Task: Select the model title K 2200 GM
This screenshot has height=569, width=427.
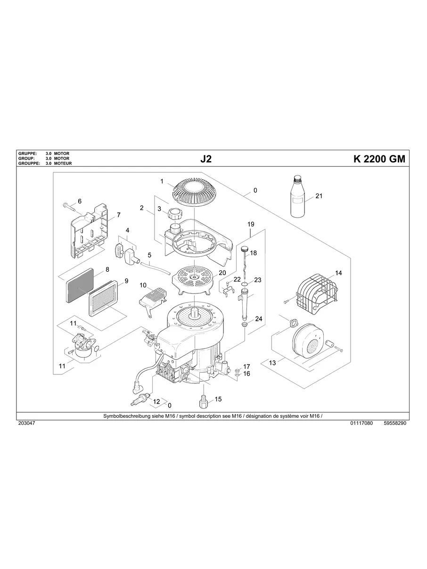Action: pyautogui.click(x=378, y=159)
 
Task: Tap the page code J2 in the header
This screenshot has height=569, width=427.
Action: pyautogui.click(x=206, y=159)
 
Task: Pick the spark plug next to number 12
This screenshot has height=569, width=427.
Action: pyautogui.click(x=141, y=401)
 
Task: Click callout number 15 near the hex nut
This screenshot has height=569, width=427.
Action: pyautogui.click(x=218, y=399)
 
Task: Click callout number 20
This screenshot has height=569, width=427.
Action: pyautogui.click(x=222, y=273)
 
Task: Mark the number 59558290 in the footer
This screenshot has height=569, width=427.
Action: pyautogui.click(x=394, y=423)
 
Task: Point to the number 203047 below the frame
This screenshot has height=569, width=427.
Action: pyautogui.click(x=26, y=423)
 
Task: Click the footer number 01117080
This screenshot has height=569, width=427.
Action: pyautogui.click(x=361, y=423)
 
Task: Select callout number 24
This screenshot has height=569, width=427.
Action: pyautogui.click(x=259, y=319)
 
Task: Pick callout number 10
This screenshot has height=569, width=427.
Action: pyautogui.click(x=143, y=285)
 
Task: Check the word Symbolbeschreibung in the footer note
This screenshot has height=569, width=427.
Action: pyautogui.click(x=125, y=416)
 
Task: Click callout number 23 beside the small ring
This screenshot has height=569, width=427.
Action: pyautogui.click(x=257, y=280)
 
